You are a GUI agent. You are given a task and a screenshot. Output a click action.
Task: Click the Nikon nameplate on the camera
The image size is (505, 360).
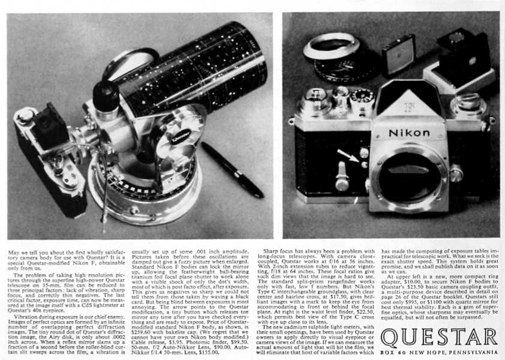tap(408, 133)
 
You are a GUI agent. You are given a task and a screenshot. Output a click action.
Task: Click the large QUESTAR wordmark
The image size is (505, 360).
tap(439, 337)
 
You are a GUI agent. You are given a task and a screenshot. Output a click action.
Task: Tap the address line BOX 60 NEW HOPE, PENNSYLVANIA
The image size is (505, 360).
tap(439, 352)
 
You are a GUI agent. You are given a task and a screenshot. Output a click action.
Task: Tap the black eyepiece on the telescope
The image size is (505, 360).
tap(106, 95)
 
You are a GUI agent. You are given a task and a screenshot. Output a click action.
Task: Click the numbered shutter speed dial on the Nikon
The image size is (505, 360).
tap(363, 95)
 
